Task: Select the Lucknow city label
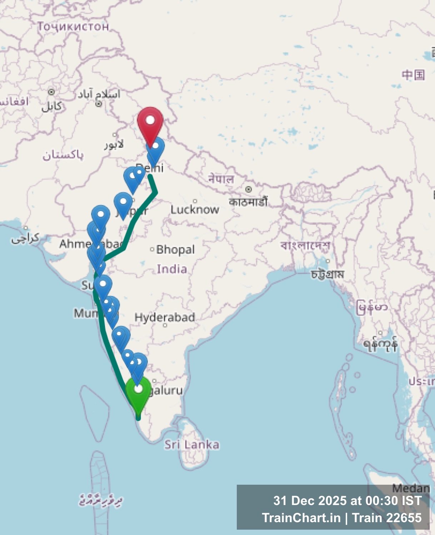tap(195, 209)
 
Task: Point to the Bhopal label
tap(175, 249)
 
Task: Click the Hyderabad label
tap(165, 317)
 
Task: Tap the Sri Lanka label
tap(192, 444)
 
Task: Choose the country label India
tap(172, 269)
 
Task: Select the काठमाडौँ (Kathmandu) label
tap(248, 202)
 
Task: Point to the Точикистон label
tap(73, 26)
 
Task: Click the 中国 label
tap(413, 75)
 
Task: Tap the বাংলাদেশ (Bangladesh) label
tap(305, 245)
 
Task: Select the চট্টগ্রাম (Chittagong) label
tap(327, 274)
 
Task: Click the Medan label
tap(411, 488)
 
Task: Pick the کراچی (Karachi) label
tap(25, 238)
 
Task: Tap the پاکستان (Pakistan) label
tap(63, 155)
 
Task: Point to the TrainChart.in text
tap(301, 518)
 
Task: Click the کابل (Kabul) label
tap(52, 106)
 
